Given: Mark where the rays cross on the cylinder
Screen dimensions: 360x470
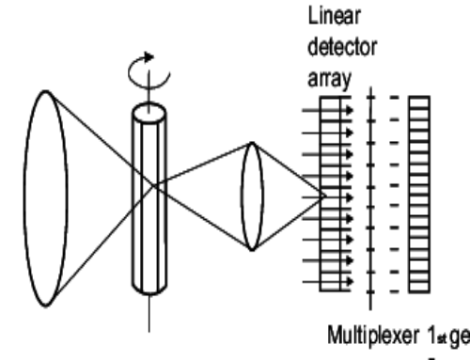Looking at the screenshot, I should click(149, 195).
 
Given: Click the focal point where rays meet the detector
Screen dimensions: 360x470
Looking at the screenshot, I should click(325, 196).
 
